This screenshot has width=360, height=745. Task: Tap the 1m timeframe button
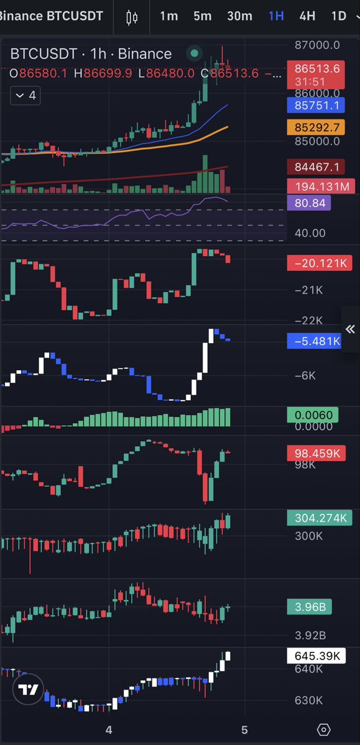[x=169, y=16]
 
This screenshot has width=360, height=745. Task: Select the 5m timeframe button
[x=203, y=16]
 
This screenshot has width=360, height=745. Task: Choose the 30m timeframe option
[x=239, y=16]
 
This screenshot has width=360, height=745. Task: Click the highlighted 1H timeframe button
[x=276, y=16]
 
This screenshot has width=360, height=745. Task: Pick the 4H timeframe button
[x=307, y=16]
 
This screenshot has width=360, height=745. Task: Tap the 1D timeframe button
[x=339, y=16]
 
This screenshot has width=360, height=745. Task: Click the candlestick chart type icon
[x=132, y=17]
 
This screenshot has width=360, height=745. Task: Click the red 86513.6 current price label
[x=316, y=75]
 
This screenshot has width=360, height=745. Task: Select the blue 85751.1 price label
[x=316, y=105]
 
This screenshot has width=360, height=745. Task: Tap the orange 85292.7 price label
[x=316, y=127]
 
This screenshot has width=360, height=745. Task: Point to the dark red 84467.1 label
[x=316, y=167]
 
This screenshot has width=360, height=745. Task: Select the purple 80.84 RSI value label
[x=309, y=203]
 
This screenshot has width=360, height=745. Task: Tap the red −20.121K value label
[x=320, y=263]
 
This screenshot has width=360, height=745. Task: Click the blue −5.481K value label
[x=315, y=341]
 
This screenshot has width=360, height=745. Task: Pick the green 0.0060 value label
[x=313, y=415]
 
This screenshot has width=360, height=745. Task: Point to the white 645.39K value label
[x=316, y=656]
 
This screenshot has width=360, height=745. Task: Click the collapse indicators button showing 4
[x=25, y=96]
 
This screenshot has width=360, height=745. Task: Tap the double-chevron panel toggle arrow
[x=351, y=329]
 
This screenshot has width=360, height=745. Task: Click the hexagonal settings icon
[x=323, y=729]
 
